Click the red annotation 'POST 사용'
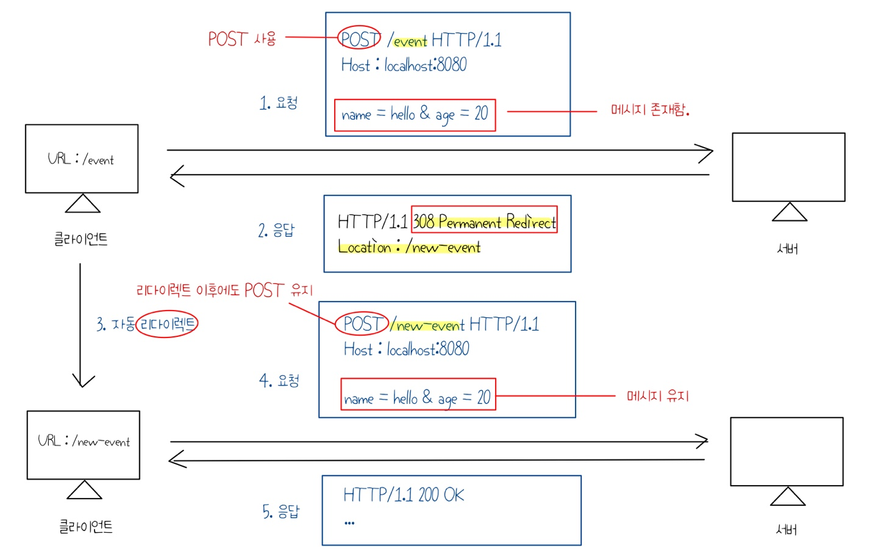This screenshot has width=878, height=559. click(x=241, y=39)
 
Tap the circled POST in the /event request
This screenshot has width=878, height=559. click(x=360, y=39)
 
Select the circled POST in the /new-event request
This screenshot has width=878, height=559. click(x=362, y=323)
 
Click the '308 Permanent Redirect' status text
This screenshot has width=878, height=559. click(x=484, y=221)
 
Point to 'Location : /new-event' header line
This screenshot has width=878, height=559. click(x=409, y=247)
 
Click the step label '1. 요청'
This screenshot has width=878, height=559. click(x=278, y=103)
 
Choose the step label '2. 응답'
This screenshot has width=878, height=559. click(x=276, y=230)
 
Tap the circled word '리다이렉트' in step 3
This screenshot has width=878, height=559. click(x=167, y=323)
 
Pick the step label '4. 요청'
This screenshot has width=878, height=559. click(x=279, y=381)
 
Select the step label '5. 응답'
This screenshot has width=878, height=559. click(x=280, y=511)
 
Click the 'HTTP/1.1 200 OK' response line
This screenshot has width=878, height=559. click(x=403, y=494)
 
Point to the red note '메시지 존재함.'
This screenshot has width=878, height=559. click(x=649, y=110)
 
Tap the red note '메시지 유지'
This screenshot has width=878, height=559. click(x=657, y=396)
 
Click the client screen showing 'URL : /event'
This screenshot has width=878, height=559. click(x=82, y=159)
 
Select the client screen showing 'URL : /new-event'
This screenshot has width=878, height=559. click(x=84, y=444)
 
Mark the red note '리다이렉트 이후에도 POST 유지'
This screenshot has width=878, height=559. click(x=224, y=290)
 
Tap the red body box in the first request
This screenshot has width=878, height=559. click(x=415, y=115)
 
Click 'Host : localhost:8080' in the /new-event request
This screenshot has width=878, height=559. click(x=406, y=349)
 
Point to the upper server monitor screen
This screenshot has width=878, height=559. click(x=788, y=167)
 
